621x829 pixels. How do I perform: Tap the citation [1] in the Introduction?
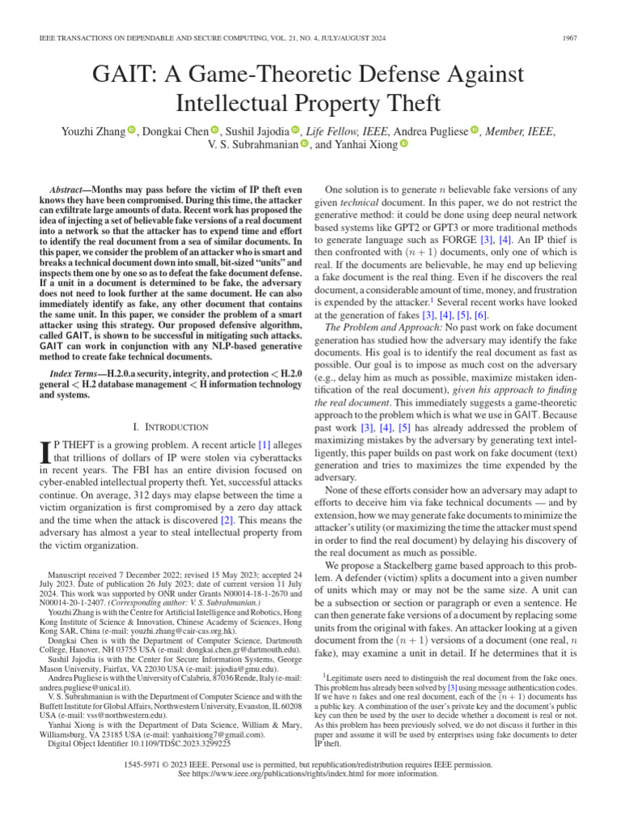pos(264,444)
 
